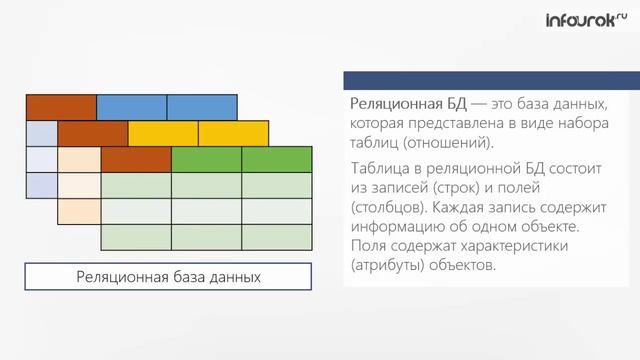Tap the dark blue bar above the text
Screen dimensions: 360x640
click(481, 80)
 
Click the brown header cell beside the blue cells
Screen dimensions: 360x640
click(61, 106)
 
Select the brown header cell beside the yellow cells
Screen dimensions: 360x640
click(92, 133)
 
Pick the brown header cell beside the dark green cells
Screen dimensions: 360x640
click(136, 159)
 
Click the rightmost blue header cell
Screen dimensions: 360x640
click(202, 106)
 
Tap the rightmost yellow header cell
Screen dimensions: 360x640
click(234, 133)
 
